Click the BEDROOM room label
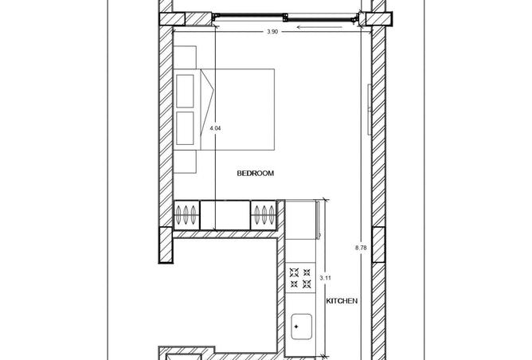click(x=255, y=173)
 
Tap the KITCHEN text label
click(x=342, y=301)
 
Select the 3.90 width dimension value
click(x=272, y=32)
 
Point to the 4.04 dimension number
click(x=216, y=128)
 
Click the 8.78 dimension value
click(x=361, y=248)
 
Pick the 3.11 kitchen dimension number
click(x=326, y=278)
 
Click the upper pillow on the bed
click(x=186, y=92)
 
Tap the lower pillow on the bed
click(x=186, y=128)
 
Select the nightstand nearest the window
click(x=185, y=57)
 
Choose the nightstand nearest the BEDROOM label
click(x=185, y=162)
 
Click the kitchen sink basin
click(x=302, y=327)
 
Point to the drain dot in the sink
click(x=296, y=327)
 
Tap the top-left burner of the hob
click(x=294, y=272)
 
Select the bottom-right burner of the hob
click(x=307, y=284)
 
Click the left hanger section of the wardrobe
click(x=186, y=215)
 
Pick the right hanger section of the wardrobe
click(x=264, y=215)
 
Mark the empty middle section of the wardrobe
click(x=225, y=215)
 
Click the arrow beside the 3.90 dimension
click(x=319, y=27)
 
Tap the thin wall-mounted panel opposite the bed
click(x=370, y=109)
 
